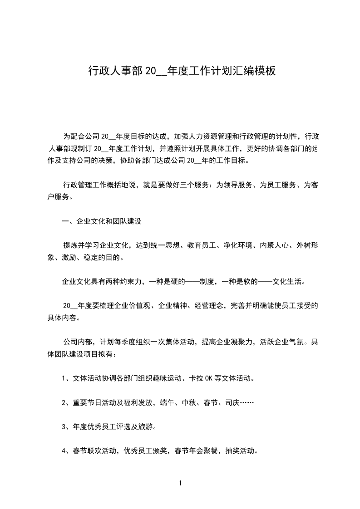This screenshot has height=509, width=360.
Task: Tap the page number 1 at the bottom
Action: tap(180, 483)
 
